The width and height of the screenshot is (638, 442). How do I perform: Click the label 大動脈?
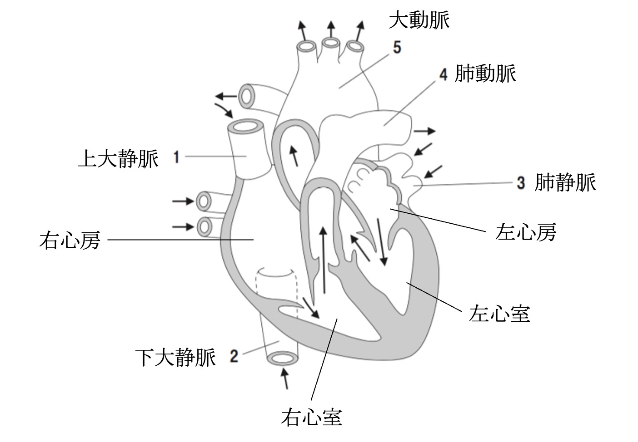[419, 20]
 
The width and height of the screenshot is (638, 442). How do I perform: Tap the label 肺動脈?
[485, 74]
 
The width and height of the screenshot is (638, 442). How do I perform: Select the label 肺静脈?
[565, 182]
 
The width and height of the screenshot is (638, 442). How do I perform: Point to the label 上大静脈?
[118, 159]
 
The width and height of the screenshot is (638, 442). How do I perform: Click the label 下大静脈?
[175, 357]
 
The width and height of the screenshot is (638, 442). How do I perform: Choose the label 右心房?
[70, 240]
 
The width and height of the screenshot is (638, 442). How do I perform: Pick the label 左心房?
[526, 232]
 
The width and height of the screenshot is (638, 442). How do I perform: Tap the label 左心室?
[499, 314]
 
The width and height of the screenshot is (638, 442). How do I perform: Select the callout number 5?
[397, 47]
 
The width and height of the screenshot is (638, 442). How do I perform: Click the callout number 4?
[444, 74]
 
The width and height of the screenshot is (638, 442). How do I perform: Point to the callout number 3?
[521, 183]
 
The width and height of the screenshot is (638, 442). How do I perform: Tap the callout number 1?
[176, 157]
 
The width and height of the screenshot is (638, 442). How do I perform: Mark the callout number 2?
[234, 356]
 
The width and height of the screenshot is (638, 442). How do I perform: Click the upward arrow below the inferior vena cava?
[285, 379]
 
